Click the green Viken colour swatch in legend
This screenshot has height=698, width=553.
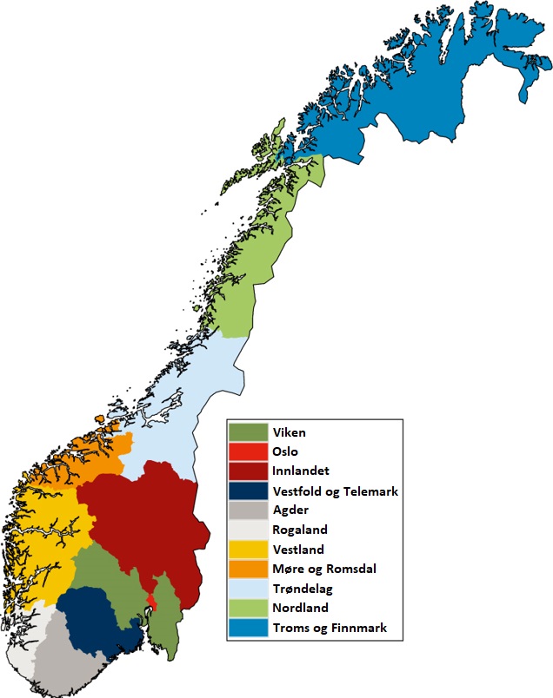coord(247,431)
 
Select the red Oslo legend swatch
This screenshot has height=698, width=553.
coord(247,451)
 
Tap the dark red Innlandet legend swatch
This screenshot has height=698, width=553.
coord(247,471)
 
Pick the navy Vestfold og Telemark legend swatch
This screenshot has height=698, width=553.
coord(247,491)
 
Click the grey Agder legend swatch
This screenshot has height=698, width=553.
coord(247,510)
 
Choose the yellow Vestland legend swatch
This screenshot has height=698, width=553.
coord(247,550)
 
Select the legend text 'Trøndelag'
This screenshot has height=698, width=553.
coord(301,589)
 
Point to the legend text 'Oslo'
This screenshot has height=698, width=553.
coord(285,451)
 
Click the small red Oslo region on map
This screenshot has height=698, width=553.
coord(152,602)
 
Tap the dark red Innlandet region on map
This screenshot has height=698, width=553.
coord(148,521)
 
